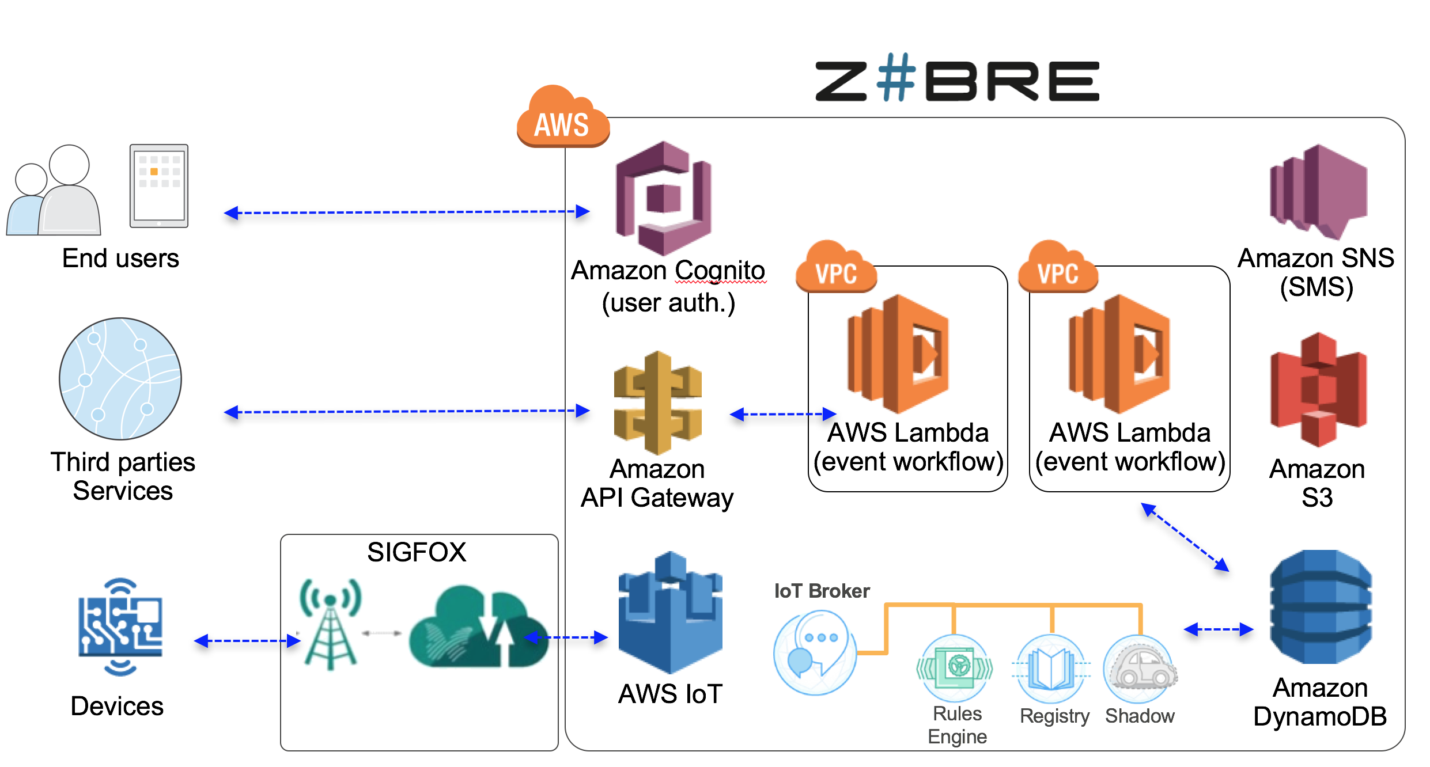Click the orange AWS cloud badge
(562, 118)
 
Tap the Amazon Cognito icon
(663, 198)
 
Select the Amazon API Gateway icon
(657, 403)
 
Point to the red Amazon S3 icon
(1318, 390)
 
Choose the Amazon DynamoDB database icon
(1321, 607)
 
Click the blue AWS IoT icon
(670, 613)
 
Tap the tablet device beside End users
(159, 186)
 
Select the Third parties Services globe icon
(120, 378)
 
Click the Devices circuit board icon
(120, 627)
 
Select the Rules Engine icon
(955, 668)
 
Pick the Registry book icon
(1051, 669)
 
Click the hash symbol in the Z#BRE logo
(895, 77)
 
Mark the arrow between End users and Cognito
(406, 212)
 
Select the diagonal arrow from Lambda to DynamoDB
(1185, 537)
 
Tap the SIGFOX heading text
(417, 552)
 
